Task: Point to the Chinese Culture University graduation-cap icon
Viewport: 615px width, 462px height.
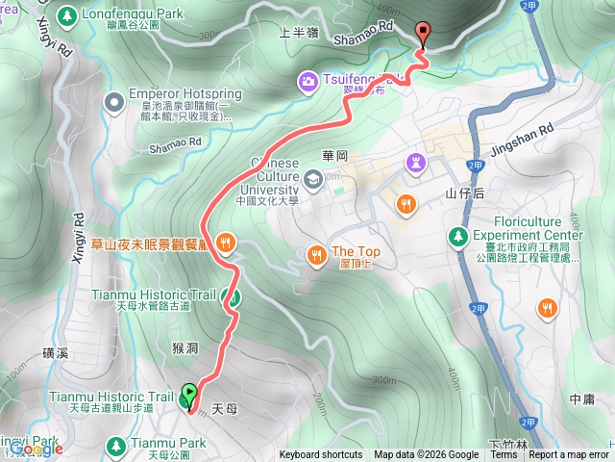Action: pos(314,178)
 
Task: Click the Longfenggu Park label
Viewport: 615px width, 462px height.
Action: pos(119,15)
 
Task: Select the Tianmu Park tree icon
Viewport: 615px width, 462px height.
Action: pos(116,445)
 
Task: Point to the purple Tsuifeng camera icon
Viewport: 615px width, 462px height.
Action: pos(309,80)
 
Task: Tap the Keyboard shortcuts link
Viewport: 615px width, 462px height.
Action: pos(321,455)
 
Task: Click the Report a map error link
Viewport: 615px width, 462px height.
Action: pos(569,455)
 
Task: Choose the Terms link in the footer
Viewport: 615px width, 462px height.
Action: pos(504,455)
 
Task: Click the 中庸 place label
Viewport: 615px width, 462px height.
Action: pos(581,398)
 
